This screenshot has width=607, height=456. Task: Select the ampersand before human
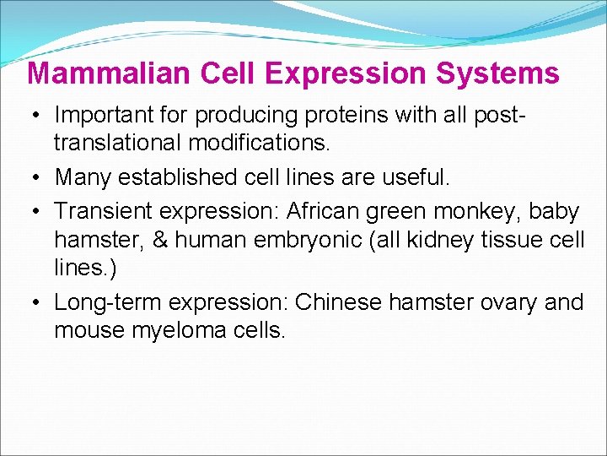tap(160, 240)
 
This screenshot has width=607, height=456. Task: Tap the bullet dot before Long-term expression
tap(38, 302)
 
